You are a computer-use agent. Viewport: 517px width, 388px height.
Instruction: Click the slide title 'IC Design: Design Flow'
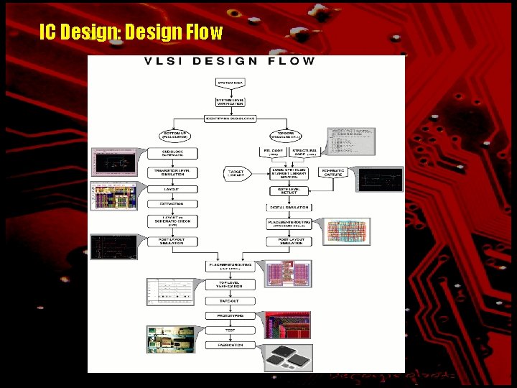click(131, 33)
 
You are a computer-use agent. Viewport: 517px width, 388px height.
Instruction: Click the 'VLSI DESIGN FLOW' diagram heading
click(230, 61)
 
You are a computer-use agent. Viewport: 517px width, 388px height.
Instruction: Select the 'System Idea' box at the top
click(230, 83)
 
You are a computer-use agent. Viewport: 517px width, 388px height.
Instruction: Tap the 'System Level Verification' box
click(230, 101)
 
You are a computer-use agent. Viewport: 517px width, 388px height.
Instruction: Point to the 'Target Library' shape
click(236, 174)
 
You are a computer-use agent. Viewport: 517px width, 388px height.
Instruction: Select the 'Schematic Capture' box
click(332, 172)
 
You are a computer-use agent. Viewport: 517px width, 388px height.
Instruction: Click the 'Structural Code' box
click(304, 153)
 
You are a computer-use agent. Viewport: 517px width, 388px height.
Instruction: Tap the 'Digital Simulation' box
click(288, 207)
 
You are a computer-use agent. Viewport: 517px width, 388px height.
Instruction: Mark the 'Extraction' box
click(172, 204)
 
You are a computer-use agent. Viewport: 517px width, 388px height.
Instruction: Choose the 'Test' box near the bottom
click(225, 331)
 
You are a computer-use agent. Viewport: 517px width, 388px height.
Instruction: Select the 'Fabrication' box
click(225, 346)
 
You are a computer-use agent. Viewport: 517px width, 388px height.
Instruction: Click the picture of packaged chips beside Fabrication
click(287, 357)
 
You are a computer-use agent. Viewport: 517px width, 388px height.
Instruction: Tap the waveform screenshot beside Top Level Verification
click(170, 292)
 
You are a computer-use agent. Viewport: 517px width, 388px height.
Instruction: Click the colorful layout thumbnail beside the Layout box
click(112, 195)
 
